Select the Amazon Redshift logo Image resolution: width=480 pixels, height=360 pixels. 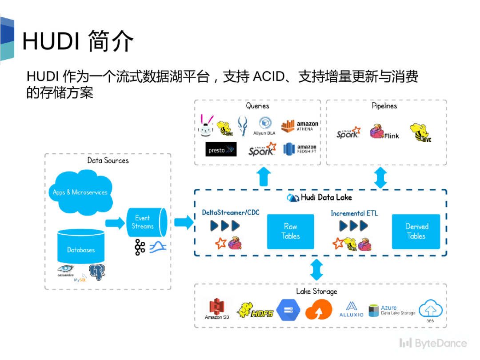click(300, 149)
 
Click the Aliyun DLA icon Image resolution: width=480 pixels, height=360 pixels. click(264, 125)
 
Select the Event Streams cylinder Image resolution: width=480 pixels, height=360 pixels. click(146, 222)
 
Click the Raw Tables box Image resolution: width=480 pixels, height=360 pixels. click(290, 232)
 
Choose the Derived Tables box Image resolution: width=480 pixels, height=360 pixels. click(416, 232)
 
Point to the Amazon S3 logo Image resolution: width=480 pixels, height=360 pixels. click(217, 308)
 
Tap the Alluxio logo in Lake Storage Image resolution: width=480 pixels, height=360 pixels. click(351, 309)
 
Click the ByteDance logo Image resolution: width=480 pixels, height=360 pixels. click(433, 343)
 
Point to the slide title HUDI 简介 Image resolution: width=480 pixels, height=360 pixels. click(78, 41)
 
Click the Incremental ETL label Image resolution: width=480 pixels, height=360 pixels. click(354, 213)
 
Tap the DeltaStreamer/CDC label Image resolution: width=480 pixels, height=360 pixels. click(231, 212)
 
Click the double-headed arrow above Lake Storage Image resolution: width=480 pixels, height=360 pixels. click(316, 270)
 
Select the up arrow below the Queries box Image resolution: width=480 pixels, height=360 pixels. click(264, 176)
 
